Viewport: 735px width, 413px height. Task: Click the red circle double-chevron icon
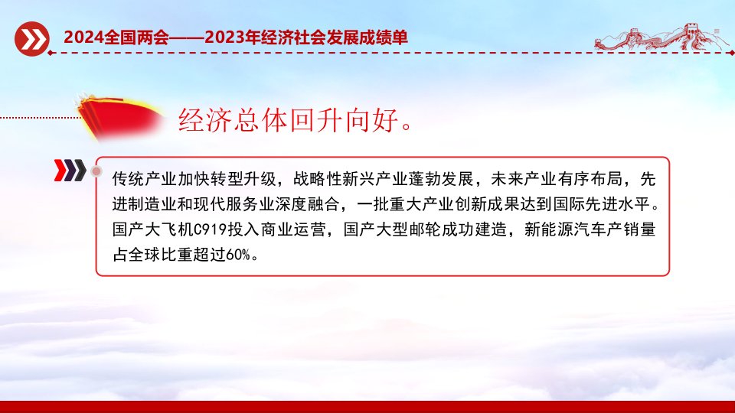click(x=31, y=39)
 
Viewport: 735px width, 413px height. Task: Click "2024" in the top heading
click(x=83, y=37)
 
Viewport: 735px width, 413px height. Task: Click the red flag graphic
click(x=119, y=116)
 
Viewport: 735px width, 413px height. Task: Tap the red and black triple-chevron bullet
click(x=70, y=170)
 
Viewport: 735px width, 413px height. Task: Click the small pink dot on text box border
click(x=96, y=171)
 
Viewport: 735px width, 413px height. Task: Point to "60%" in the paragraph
click(x=238, y=255)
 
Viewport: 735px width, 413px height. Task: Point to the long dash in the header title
click(x=187, y=37)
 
